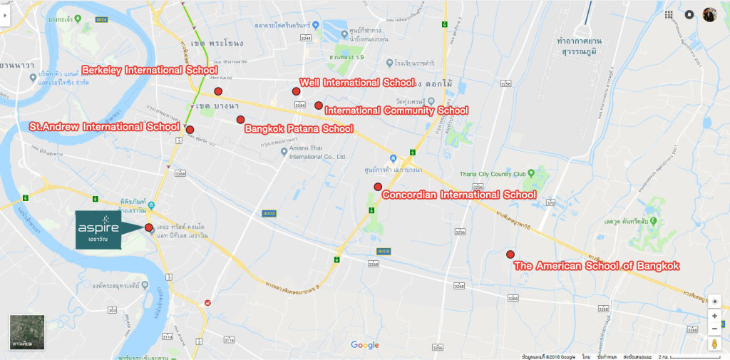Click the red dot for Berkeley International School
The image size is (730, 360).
[218, 91]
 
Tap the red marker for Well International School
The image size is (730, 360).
[296, 91]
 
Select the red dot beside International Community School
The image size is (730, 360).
[319, 106]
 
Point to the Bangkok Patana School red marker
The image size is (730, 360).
[241, 119]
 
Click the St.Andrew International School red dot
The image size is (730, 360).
[190, 130]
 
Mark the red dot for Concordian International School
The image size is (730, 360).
[378, 187]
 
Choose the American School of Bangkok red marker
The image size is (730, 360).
[510, 254]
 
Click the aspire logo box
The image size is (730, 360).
[98, 229]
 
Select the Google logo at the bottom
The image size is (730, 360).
[365, 345]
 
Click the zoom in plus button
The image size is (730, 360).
[714, 316]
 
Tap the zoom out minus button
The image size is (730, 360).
[714, 329]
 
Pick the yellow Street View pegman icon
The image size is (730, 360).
[714, 345]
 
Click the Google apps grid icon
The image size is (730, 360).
[669, 14]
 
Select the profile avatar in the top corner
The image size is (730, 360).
[709, 15]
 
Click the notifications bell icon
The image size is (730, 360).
[689, 14]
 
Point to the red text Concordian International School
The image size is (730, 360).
[459, 195]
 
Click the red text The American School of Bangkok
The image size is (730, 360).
[597, 266]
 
